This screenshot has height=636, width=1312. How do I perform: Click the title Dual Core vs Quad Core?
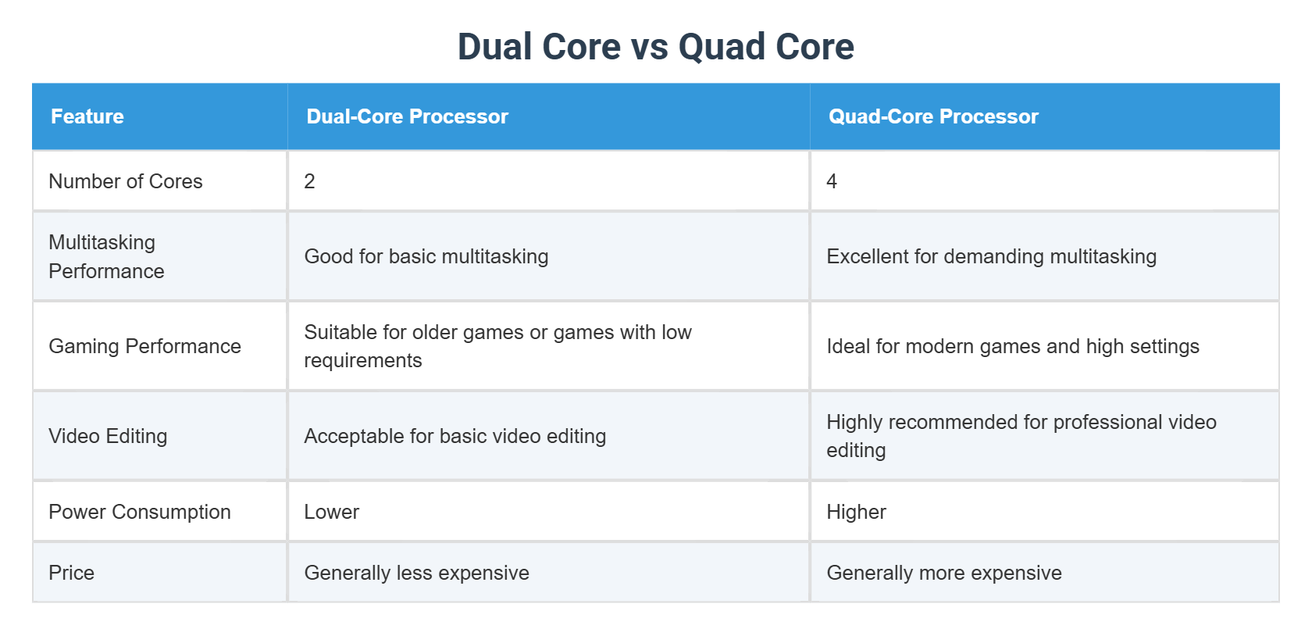pyautogui.click(x=655, y=47)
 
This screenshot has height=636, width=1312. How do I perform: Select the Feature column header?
pyautogui.click(x=87, y=116)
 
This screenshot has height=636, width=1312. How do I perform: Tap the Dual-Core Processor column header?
pyautogui.click(x=407, y=116)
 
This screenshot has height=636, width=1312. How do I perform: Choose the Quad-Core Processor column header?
pyautogui.click(x=933, y=116)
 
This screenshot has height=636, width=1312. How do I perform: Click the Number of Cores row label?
pyautogui.click(x=126, y=181)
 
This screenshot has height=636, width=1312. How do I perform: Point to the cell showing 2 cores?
pyautogui.click(x=310, y=181)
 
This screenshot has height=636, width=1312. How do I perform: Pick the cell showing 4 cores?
pyautogui.click(x=832, y=181)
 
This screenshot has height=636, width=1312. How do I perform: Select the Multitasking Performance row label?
pyautogui.click(x=106, y=256)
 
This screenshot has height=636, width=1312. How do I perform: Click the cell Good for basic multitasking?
pyautogui.click(x=426, y=256)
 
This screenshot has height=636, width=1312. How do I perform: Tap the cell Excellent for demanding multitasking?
pyautogui.click(x=991, y=256)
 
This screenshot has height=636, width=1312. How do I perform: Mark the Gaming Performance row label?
pyautogui.click(x=144, y=346)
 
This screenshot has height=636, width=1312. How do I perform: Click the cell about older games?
pyautogui.click(x=497, y=346)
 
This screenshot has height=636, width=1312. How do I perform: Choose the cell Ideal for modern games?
pyautogui.click(x=1012, y=346)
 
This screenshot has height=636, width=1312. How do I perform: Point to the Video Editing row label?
pyautogui.click(x=108, y=436)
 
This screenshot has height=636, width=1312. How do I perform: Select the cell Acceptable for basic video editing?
pyautogui.click(x=455, y=436)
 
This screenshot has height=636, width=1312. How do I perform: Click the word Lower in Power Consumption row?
pyautogui.click(x=332, y=512)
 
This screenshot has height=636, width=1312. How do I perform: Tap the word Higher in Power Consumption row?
pyautogui.click(x=856, y=512)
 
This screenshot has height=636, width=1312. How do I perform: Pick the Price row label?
pyautogui.click(x=72, y=573)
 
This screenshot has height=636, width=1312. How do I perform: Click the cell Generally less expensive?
pyautogui.click(x=416, y=573)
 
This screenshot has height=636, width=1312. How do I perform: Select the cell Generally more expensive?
pyautogui.click(x=943, y=573)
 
